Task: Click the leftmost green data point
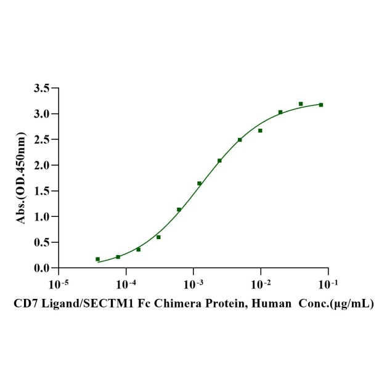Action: tap(97, 259)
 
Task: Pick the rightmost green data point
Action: tap(321, 105)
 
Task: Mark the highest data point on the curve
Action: tap(301, 104)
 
